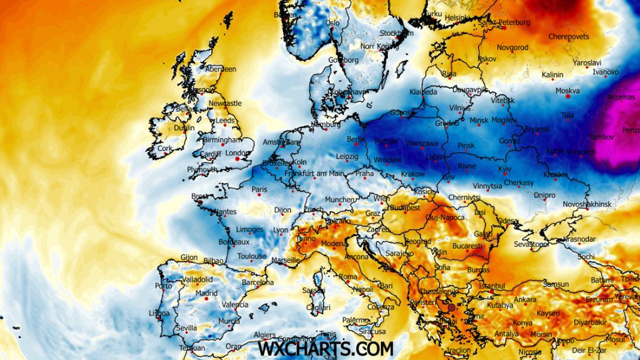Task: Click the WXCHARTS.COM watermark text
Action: click(x=326, y=349)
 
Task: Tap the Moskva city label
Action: click(x=567, y=91)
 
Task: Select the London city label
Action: click(x=238, y=153)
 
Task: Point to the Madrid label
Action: click(x=206, y=293)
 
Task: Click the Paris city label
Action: click(x=259, y=189)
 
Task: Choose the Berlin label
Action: click(x=356, y=139)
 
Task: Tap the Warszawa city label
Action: click(x=422, y=143)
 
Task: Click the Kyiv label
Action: click(x=505, y=168)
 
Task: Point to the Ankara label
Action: click(x=525, y=299)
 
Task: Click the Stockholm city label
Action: click(x=396, y=33)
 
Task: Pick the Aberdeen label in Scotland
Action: click(x=220, y=69)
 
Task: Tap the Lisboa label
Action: click(x=159, y=313)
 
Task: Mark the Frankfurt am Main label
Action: click(x=314, y=173)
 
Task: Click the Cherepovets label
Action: click(x=569, y=37)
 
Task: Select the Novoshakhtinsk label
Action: click(x=588, y=204)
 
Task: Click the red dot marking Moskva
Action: click(x=568, y=97)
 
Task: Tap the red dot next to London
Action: click(x=237, y=159)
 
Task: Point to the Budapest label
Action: click(x=406, y=207)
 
